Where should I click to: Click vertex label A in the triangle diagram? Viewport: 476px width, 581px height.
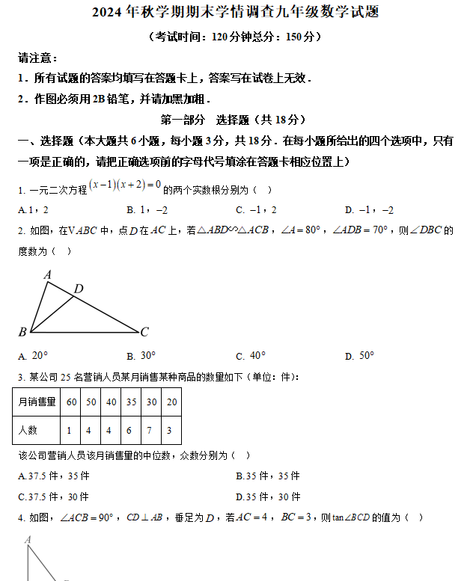tap(47, 275)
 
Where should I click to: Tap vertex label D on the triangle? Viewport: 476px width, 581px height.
tap(78, 289)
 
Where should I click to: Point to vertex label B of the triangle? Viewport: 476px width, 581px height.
tap(22, 331)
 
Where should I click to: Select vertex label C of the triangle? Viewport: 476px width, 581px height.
tap(144, 331)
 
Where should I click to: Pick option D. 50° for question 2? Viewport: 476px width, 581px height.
tap(359, 356)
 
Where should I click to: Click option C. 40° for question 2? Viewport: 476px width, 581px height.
tap(251, 356)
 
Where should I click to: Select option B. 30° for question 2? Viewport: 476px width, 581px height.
tap(141, 356)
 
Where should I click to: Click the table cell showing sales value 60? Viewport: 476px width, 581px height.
tap(72, 402)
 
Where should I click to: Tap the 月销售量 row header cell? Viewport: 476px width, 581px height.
tap(37, 402)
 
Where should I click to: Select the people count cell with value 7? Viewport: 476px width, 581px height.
tap(151, 430)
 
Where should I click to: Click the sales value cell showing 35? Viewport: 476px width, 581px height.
tap(131, 402)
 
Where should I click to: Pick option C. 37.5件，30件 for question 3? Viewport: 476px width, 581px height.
tap(53, 497)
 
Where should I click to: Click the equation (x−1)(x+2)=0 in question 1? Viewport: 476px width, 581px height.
tap(125, 185)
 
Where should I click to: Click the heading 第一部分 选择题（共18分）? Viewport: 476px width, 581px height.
tap(234, 120)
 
